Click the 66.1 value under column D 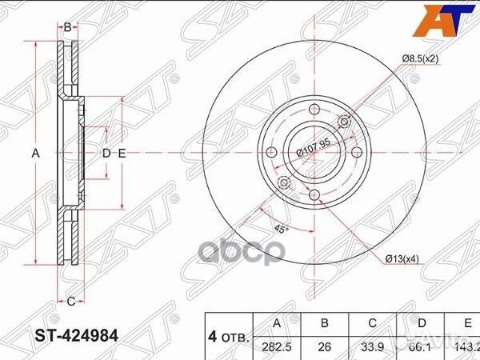[x=422, y=348]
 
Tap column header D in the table [x=422, y=324]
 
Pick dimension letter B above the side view [x=68, y=27]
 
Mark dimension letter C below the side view [x=70, y=301]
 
